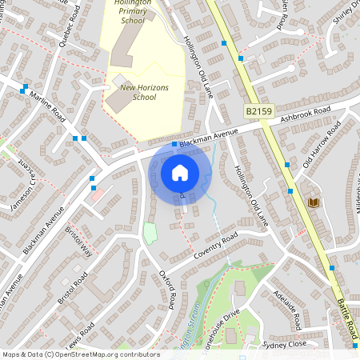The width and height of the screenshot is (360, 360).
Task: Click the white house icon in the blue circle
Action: (180, 172)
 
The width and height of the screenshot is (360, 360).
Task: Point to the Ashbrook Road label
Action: (306, 115)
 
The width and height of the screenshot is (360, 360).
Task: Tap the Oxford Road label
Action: (167, 289)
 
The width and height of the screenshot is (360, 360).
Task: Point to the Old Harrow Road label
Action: (322, 145)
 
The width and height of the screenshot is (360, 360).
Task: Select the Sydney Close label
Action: (285, 343)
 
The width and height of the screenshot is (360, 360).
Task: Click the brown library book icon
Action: (314, 202)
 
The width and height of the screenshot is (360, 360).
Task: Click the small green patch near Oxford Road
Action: (150, 234)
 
